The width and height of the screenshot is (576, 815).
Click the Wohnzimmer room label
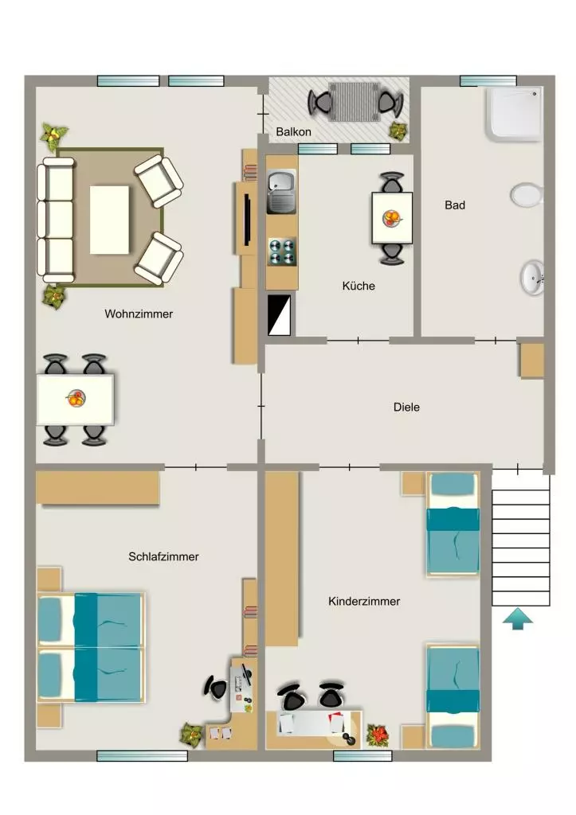[139, 314]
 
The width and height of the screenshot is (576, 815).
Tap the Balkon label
[293, 132]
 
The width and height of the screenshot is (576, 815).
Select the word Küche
[359, 286]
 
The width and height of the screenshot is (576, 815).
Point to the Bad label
[455, 205]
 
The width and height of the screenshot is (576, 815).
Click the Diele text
[406, 407]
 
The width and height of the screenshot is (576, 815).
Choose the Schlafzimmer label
[163, 556]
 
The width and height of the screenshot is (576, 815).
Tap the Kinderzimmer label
[364, 602]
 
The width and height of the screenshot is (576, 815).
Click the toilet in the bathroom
[527, 195]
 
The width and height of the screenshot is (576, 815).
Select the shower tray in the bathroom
[514, 115]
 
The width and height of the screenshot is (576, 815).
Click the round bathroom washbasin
[532, 278]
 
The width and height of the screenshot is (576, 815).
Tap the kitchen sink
[281, 192]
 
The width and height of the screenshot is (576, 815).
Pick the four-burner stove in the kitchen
[282, 252]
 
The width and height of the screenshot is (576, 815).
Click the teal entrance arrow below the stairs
[518, 619]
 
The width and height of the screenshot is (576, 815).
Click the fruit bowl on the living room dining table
[76, 399]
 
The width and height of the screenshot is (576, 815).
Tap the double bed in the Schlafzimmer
[91, 648]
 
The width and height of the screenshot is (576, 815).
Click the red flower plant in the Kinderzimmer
[378, 735]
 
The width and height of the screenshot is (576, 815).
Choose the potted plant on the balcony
[398, 131]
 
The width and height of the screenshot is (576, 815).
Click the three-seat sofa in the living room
[55, 220]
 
